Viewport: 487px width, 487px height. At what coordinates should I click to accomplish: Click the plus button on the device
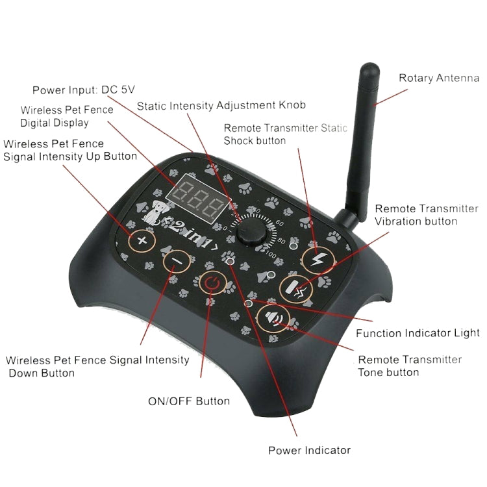142,242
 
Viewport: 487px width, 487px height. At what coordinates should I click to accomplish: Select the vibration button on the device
296,287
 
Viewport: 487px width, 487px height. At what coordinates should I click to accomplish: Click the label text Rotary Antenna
438,79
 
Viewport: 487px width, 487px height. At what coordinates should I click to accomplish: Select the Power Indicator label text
309,450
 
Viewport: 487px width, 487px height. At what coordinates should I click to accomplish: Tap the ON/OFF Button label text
189,401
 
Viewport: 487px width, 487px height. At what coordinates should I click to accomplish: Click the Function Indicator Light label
418,333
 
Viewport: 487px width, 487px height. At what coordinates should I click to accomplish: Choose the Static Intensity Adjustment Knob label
221,105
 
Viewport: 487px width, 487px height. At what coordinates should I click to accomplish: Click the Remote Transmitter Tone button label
410,366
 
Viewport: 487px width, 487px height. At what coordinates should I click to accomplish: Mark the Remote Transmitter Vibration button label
426,215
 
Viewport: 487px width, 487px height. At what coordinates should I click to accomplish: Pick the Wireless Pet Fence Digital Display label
67,116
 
